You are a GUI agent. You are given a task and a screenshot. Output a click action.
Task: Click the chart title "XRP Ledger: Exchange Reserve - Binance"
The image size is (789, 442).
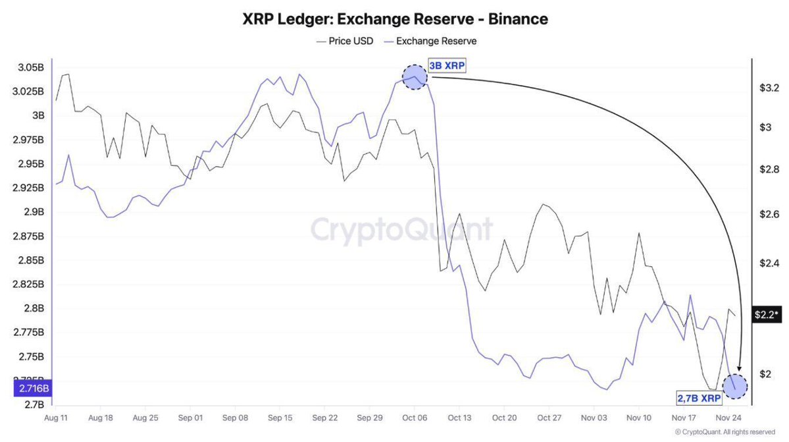[x=395, y=19]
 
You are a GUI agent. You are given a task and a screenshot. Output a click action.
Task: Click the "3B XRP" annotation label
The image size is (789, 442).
[x=448, y=65]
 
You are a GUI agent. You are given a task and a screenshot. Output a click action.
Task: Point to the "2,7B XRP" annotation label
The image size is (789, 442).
[x=699, y=398]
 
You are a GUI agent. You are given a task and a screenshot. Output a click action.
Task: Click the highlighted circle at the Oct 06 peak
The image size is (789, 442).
[x=414, y=77]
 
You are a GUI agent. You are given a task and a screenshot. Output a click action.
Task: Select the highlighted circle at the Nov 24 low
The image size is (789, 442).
[x=735, y=386]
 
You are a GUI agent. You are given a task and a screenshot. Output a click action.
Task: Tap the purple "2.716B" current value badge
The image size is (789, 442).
[x=30, y=389]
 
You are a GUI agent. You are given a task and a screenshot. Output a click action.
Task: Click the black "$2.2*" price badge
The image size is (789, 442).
[x=767, y=315]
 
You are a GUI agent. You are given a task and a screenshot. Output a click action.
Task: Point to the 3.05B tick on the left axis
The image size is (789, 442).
[x=31, y=67]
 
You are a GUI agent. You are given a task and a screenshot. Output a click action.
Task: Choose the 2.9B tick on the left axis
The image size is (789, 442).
[x=34, y=212]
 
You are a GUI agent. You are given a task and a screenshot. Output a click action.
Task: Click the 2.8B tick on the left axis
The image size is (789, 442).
[x=34, y=308]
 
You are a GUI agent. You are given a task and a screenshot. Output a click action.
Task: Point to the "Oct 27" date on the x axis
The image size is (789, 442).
[x=548, y=418]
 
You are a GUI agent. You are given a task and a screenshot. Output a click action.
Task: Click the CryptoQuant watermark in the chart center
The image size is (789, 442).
[x=401, y=230]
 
